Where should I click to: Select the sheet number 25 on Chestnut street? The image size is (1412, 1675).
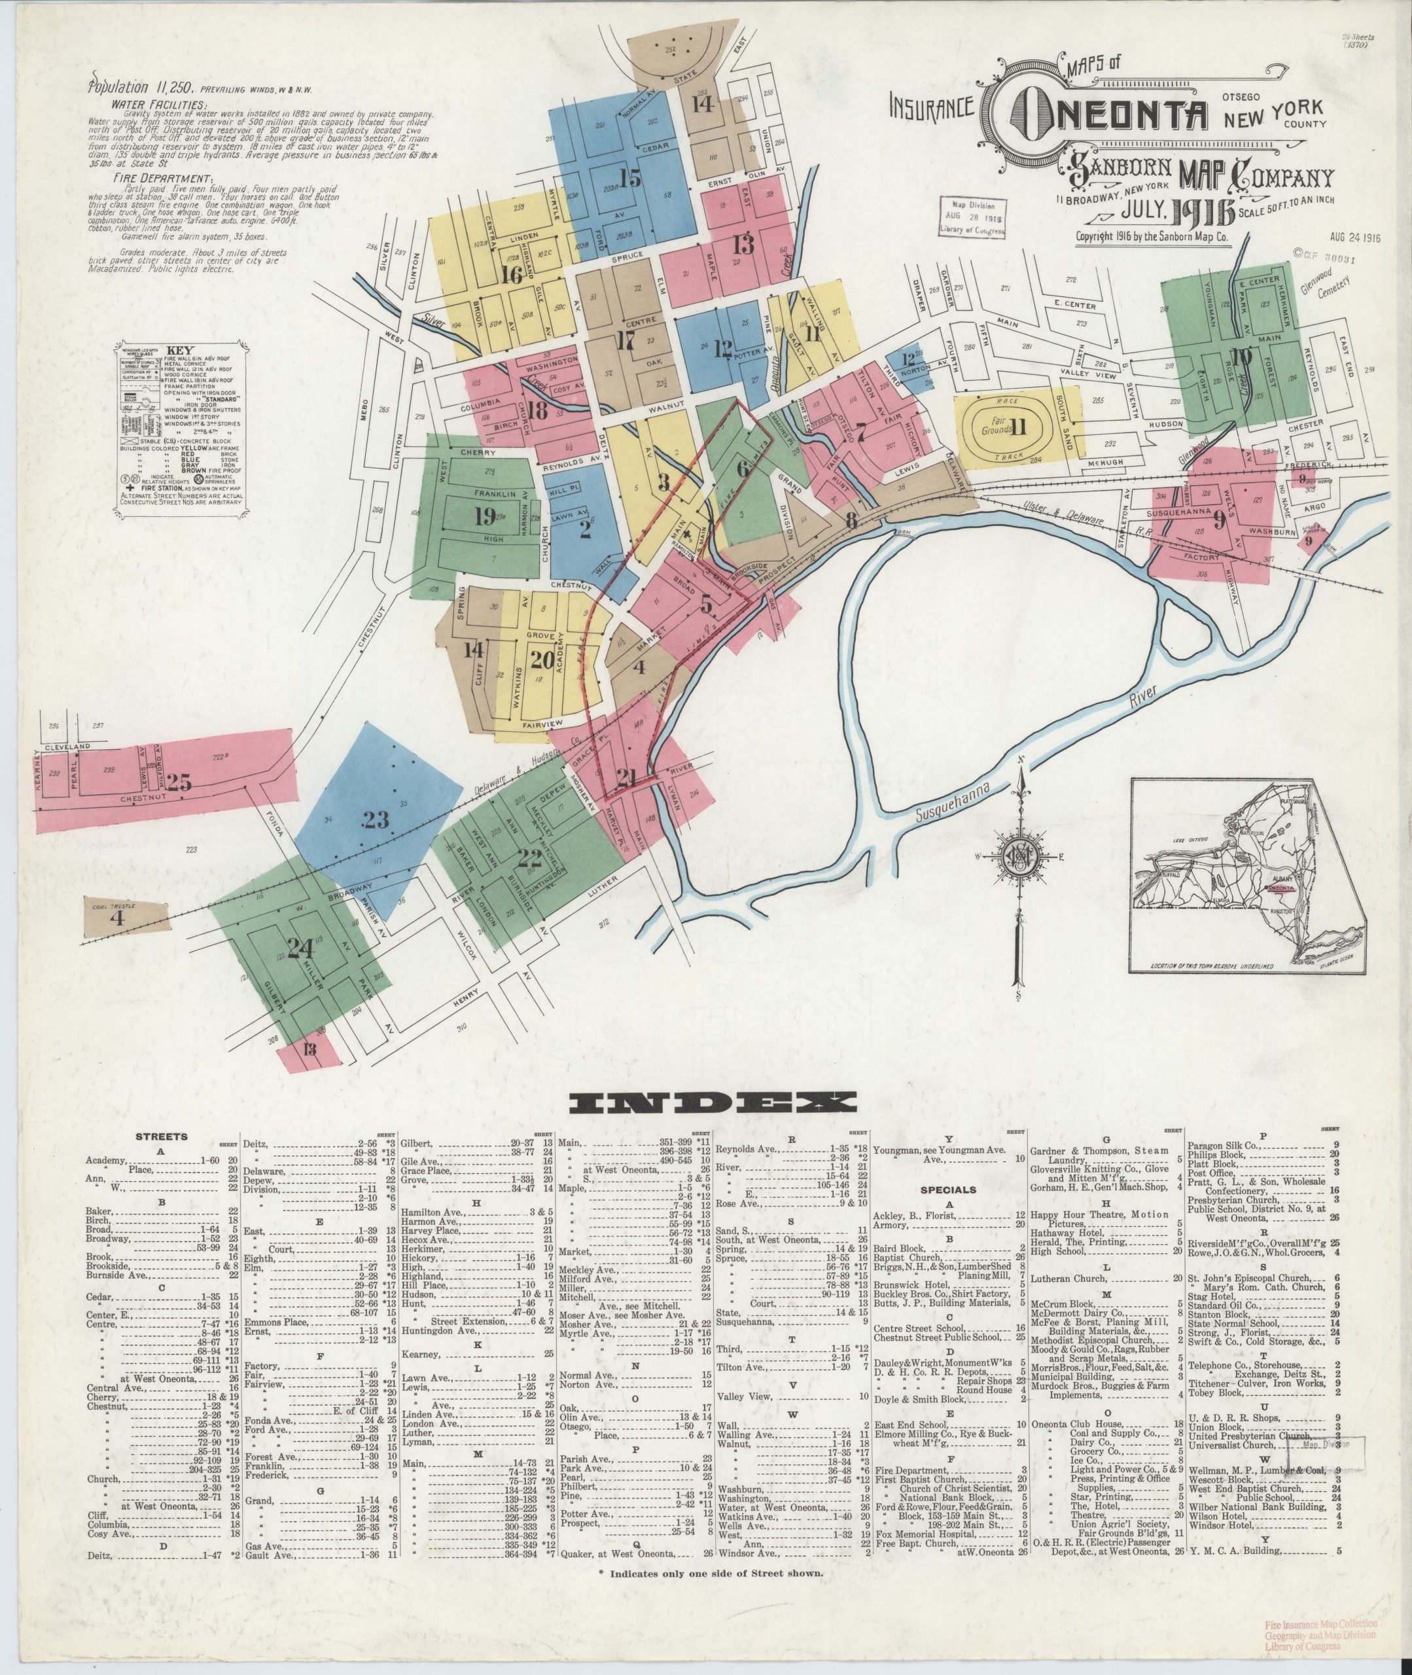(179, 783)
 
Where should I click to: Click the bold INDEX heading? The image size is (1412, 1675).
(705, 1104)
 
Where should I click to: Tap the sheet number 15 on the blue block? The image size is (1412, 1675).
(631, 179)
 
